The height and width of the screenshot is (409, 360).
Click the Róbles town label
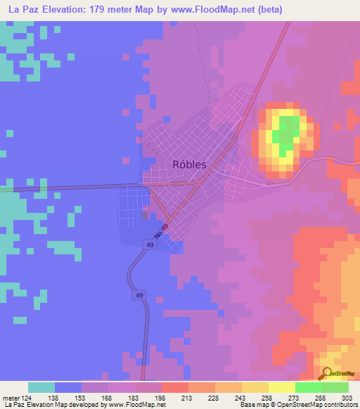pyautogui.click(x=189, y=164)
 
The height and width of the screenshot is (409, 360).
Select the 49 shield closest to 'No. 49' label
pyautogui.click(x=150, y=244)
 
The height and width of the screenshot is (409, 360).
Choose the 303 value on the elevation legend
pyautogui.click(x=347, y=397)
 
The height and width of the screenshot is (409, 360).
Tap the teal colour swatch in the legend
pyautogui.click(x=41, y=387)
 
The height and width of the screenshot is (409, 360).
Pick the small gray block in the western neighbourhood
pyautogui.click(x=146, y=216)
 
